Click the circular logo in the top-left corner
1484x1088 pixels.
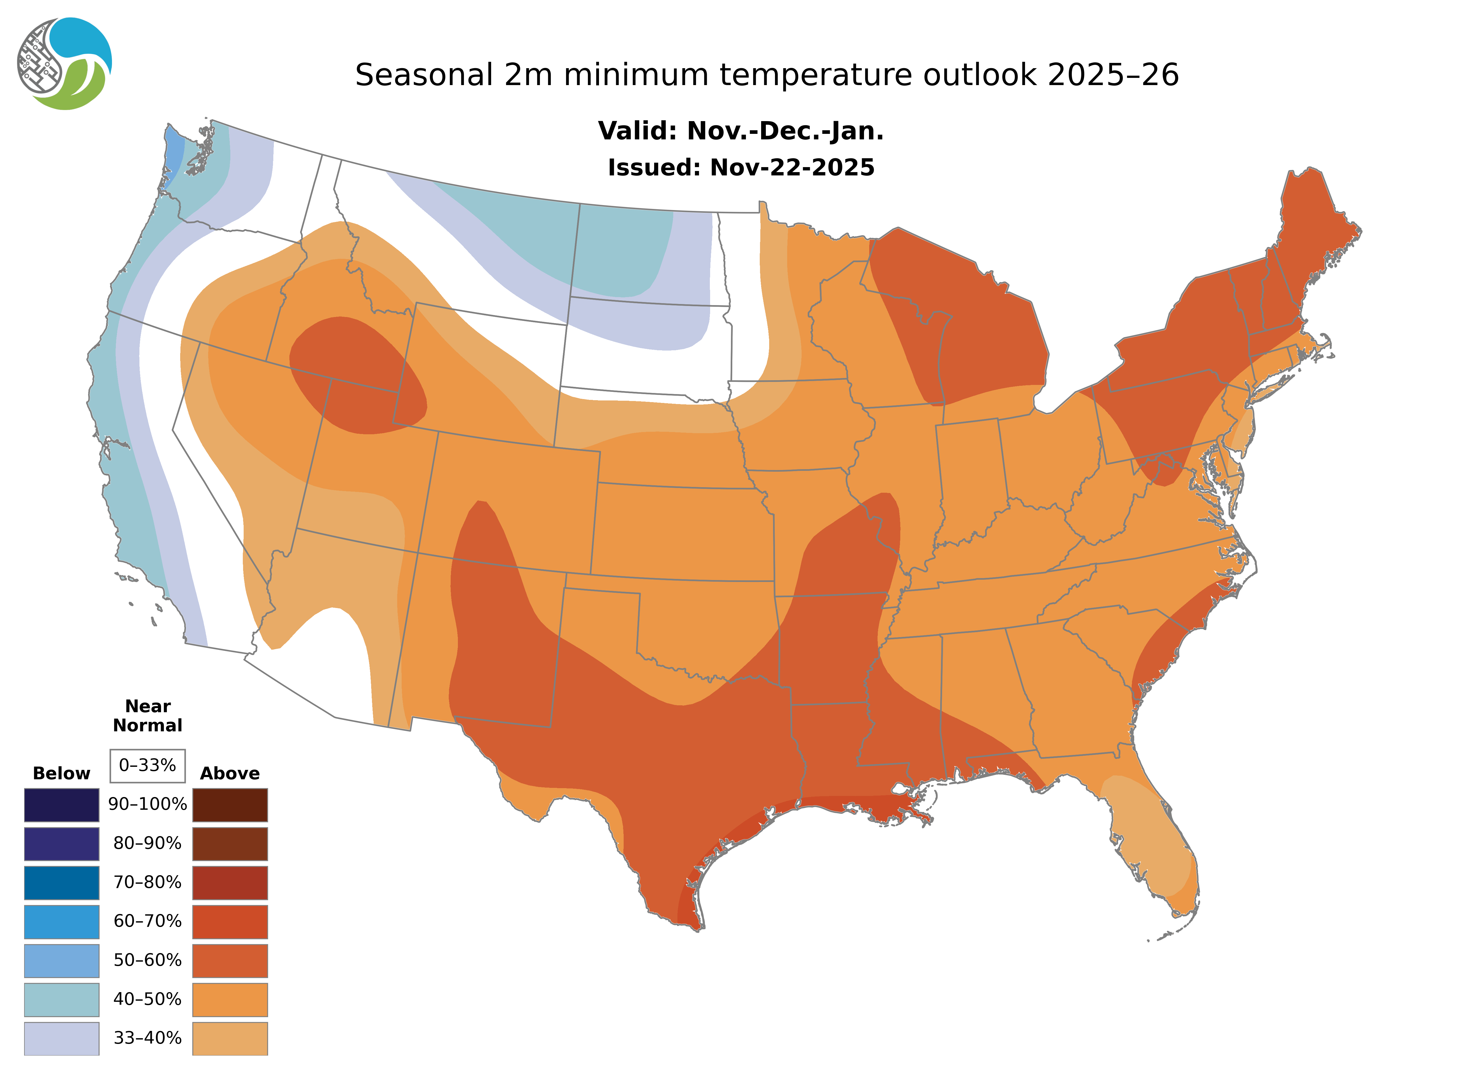(65, 64)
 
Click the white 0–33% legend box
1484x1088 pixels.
(147, 765)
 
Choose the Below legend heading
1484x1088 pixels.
(61, 773)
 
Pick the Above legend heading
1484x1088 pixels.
(230, 773)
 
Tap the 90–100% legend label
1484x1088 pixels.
(147, 804)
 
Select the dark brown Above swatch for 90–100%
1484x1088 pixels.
(230, 805)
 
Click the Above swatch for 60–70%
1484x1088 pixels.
(230, 921)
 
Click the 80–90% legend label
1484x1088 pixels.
(147, 843)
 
